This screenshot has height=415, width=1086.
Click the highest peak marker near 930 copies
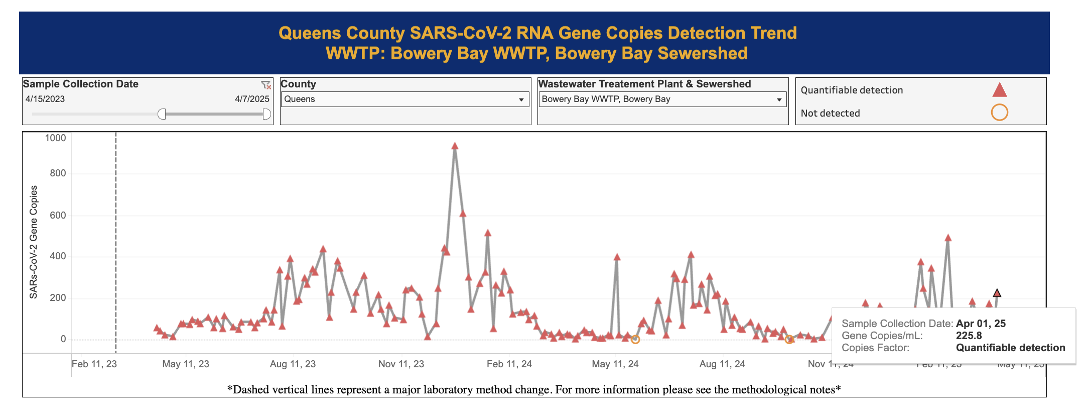click(x=455, y=146)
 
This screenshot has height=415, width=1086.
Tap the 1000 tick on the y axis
click(x=55, y=138)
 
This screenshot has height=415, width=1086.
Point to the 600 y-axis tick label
click(x=57, y=215)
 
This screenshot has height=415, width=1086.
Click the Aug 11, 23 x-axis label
click(x=293, y=364)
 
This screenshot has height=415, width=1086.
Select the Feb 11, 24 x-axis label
click(x=509, y=364)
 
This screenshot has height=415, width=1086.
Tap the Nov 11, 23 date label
click(x=401, y=364)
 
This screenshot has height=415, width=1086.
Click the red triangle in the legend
click(x=999, y=90)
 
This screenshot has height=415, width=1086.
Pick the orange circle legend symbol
click(x=999, y=113)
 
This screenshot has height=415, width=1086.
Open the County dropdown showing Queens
click(x=404, y=99)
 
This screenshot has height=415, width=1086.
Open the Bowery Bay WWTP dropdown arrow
click(x=779, y=99)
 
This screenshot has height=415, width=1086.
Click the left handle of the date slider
click(x=162, y=114)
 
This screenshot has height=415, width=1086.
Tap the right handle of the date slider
click(x=266, y=114)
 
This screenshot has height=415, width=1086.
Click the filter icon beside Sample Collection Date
click(x=265, y=85)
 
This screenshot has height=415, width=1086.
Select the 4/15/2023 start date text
click(x=45, y=99)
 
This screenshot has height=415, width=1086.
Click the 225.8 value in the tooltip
click(x=969, y=336)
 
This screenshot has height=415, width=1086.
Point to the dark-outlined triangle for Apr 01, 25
click(x=997, y=293)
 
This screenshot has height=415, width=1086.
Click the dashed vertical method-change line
click(x=116, y=241)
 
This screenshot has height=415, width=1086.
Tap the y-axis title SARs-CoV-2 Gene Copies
click(x=34, y=242)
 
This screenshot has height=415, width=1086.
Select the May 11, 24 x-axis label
click(x=615, y=364)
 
